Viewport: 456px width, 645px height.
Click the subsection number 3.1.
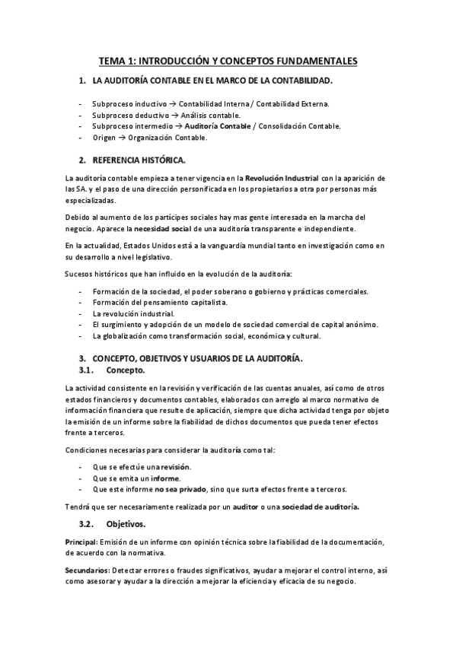click(x=85, y=370)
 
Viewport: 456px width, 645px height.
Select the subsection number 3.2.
click(x=85, y=524)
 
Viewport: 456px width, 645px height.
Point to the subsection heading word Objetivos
click(x=126, y=524)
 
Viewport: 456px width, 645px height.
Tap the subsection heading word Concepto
click(x=126, y=370)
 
